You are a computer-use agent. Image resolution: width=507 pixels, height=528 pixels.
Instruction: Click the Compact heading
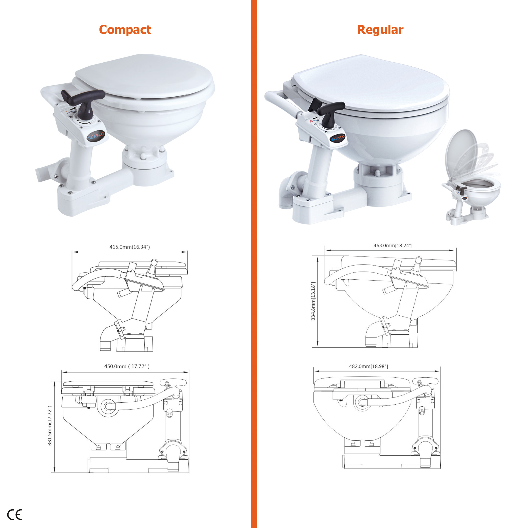(125, 30)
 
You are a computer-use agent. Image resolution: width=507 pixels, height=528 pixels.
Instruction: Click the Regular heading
(380, 30)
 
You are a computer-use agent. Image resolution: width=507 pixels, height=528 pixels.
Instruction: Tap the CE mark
(14, 515)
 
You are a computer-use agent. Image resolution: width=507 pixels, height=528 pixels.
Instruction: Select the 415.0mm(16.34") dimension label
(130, 247)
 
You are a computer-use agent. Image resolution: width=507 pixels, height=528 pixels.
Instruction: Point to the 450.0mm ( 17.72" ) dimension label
(127, 366)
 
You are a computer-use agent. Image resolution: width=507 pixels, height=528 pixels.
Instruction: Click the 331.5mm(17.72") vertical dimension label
(50, 426)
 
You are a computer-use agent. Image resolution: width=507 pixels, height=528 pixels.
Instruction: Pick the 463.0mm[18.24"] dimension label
(393, 245)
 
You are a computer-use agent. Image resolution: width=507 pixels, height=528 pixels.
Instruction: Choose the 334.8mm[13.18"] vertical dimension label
(313, 301)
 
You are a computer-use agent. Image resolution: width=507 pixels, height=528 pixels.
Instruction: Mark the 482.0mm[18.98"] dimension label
(369, 366)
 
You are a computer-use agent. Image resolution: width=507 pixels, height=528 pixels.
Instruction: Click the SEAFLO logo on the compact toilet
(96, 136)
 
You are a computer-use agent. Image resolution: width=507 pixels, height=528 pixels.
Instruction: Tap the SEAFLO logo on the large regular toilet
(338, 138)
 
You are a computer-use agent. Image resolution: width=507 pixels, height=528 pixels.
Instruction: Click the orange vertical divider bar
(254, 264)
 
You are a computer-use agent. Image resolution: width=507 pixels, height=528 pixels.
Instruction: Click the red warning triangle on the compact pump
(67, 113)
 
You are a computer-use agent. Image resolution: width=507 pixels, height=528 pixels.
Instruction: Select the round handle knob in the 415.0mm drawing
(154, 262)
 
